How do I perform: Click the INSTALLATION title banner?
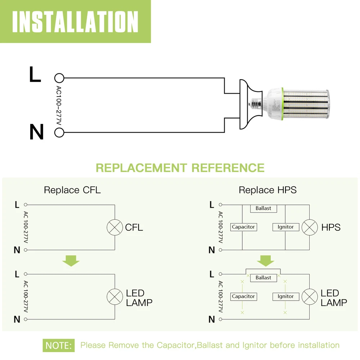(x=75, y=22)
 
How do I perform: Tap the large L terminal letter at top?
(x=35, y=75)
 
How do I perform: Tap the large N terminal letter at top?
(x=36, y=132)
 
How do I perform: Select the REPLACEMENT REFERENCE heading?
(x=180, y=168)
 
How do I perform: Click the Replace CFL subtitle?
(x=72, y=190)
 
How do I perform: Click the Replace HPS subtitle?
(x=267, y=190)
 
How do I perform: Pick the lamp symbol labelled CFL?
(x=115, y=228)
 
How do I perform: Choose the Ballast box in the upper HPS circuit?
(x=263, y=208)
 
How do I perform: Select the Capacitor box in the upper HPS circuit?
(x=243, y=227)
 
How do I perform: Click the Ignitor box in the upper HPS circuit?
(x=286, y=227)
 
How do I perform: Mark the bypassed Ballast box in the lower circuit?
(x=263, y=278)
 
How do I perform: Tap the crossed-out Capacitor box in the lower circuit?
(x=243, y=296)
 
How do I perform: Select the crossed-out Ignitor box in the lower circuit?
(x=286, y=296)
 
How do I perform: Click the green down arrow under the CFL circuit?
(x=71, y=260)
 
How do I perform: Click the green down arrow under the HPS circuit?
(x=265, y=260)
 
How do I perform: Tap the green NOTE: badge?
(x=59, y=345)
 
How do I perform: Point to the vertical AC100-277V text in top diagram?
(x=59, y=105)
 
